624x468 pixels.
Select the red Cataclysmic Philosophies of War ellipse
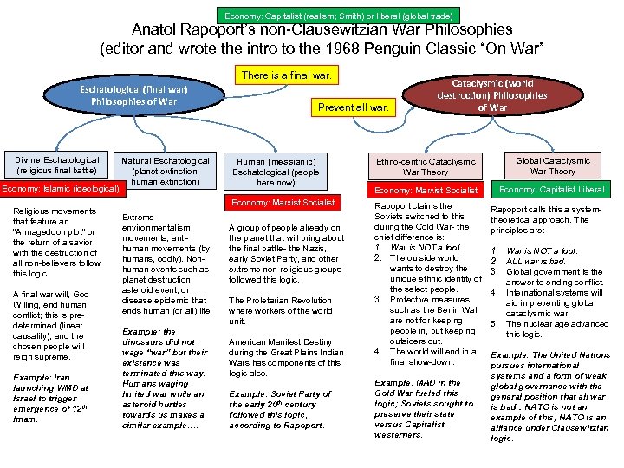click(x=492, y=94)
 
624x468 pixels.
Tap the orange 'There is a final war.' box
click(x=285, y=75)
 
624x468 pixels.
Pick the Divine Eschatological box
click(x=57, y=166)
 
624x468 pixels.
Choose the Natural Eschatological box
click(x=165, y=171)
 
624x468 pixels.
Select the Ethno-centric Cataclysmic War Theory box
click(x=426, y=166)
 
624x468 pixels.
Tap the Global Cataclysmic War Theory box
click(x=552, y=166)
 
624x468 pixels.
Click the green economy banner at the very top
click(x=337, y=16)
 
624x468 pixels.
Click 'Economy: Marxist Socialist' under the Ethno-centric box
click(x=426, y=190)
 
